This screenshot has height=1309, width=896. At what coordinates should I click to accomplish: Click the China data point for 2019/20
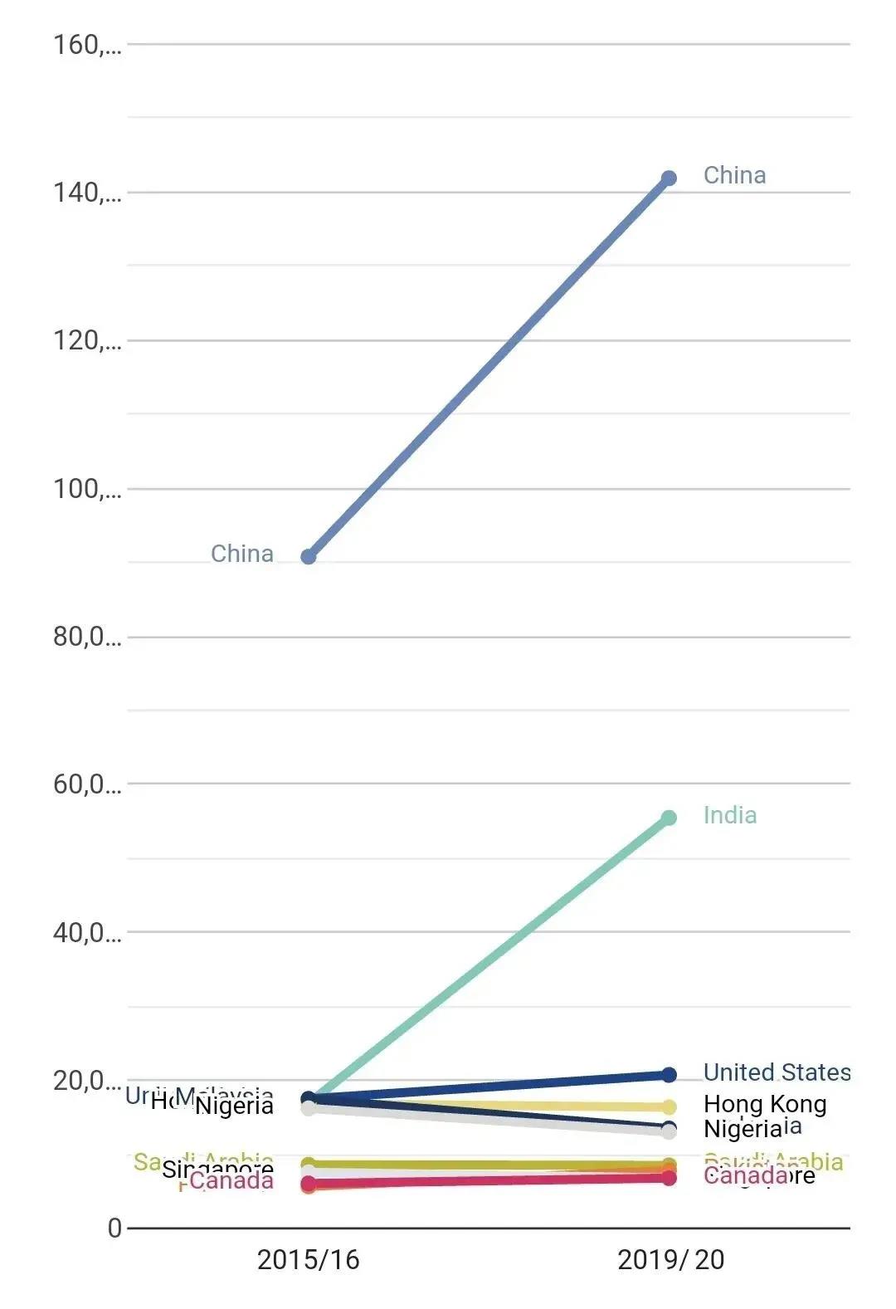tap(669, 178)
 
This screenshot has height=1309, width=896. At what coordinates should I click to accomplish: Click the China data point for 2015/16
tap(309, 556)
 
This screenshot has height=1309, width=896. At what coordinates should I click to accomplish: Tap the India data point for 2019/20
tap(669, 818)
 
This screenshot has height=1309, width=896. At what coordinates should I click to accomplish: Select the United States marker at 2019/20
tap(669, 1075)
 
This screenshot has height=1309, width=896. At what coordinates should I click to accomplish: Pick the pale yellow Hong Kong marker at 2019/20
tap(669, 1106)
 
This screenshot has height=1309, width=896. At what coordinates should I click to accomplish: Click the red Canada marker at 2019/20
tap(669, 1178)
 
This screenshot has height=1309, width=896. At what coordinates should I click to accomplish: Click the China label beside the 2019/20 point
tap(734, 175)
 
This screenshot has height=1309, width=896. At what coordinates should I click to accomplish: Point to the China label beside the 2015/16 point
tap(241, 554)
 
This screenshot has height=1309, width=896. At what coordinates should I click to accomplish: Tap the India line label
tap(729, 815)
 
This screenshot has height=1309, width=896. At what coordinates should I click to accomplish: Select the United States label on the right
tap(777, 1072)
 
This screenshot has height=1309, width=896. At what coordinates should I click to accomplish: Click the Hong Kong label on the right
tap(765, 1104)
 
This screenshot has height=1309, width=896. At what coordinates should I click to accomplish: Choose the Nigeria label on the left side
tap(234, 1106)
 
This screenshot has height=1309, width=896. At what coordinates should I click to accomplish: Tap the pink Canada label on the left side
tap(231, 1180)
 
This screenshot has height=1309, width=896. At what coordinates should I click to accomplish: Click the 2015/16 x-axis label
tap(308, 1260)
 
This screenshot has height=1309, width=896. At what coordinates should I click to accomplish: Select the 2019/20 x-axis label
tap(670, 1260)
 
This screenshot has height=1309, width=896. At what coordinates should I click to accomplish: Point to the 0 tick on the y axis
tap(114, 1228)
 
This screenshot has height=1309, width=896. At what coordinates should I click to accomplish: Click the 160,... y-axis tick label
tap(87, 45)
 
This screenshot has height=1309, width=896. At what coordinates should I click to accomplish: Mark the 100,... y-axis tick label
tap(87, 489)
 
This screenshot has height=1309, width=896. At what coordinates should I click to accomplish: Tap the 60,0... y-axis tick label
tap(87, 784)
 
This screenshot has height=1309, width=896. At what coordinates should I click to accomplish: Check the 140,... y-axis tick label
tap(87, 193)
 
